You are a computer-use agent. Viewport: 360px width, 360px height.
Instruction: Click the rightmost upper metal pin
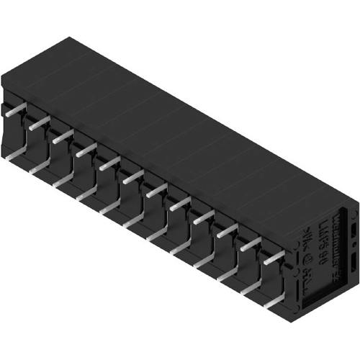point(273,257)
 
